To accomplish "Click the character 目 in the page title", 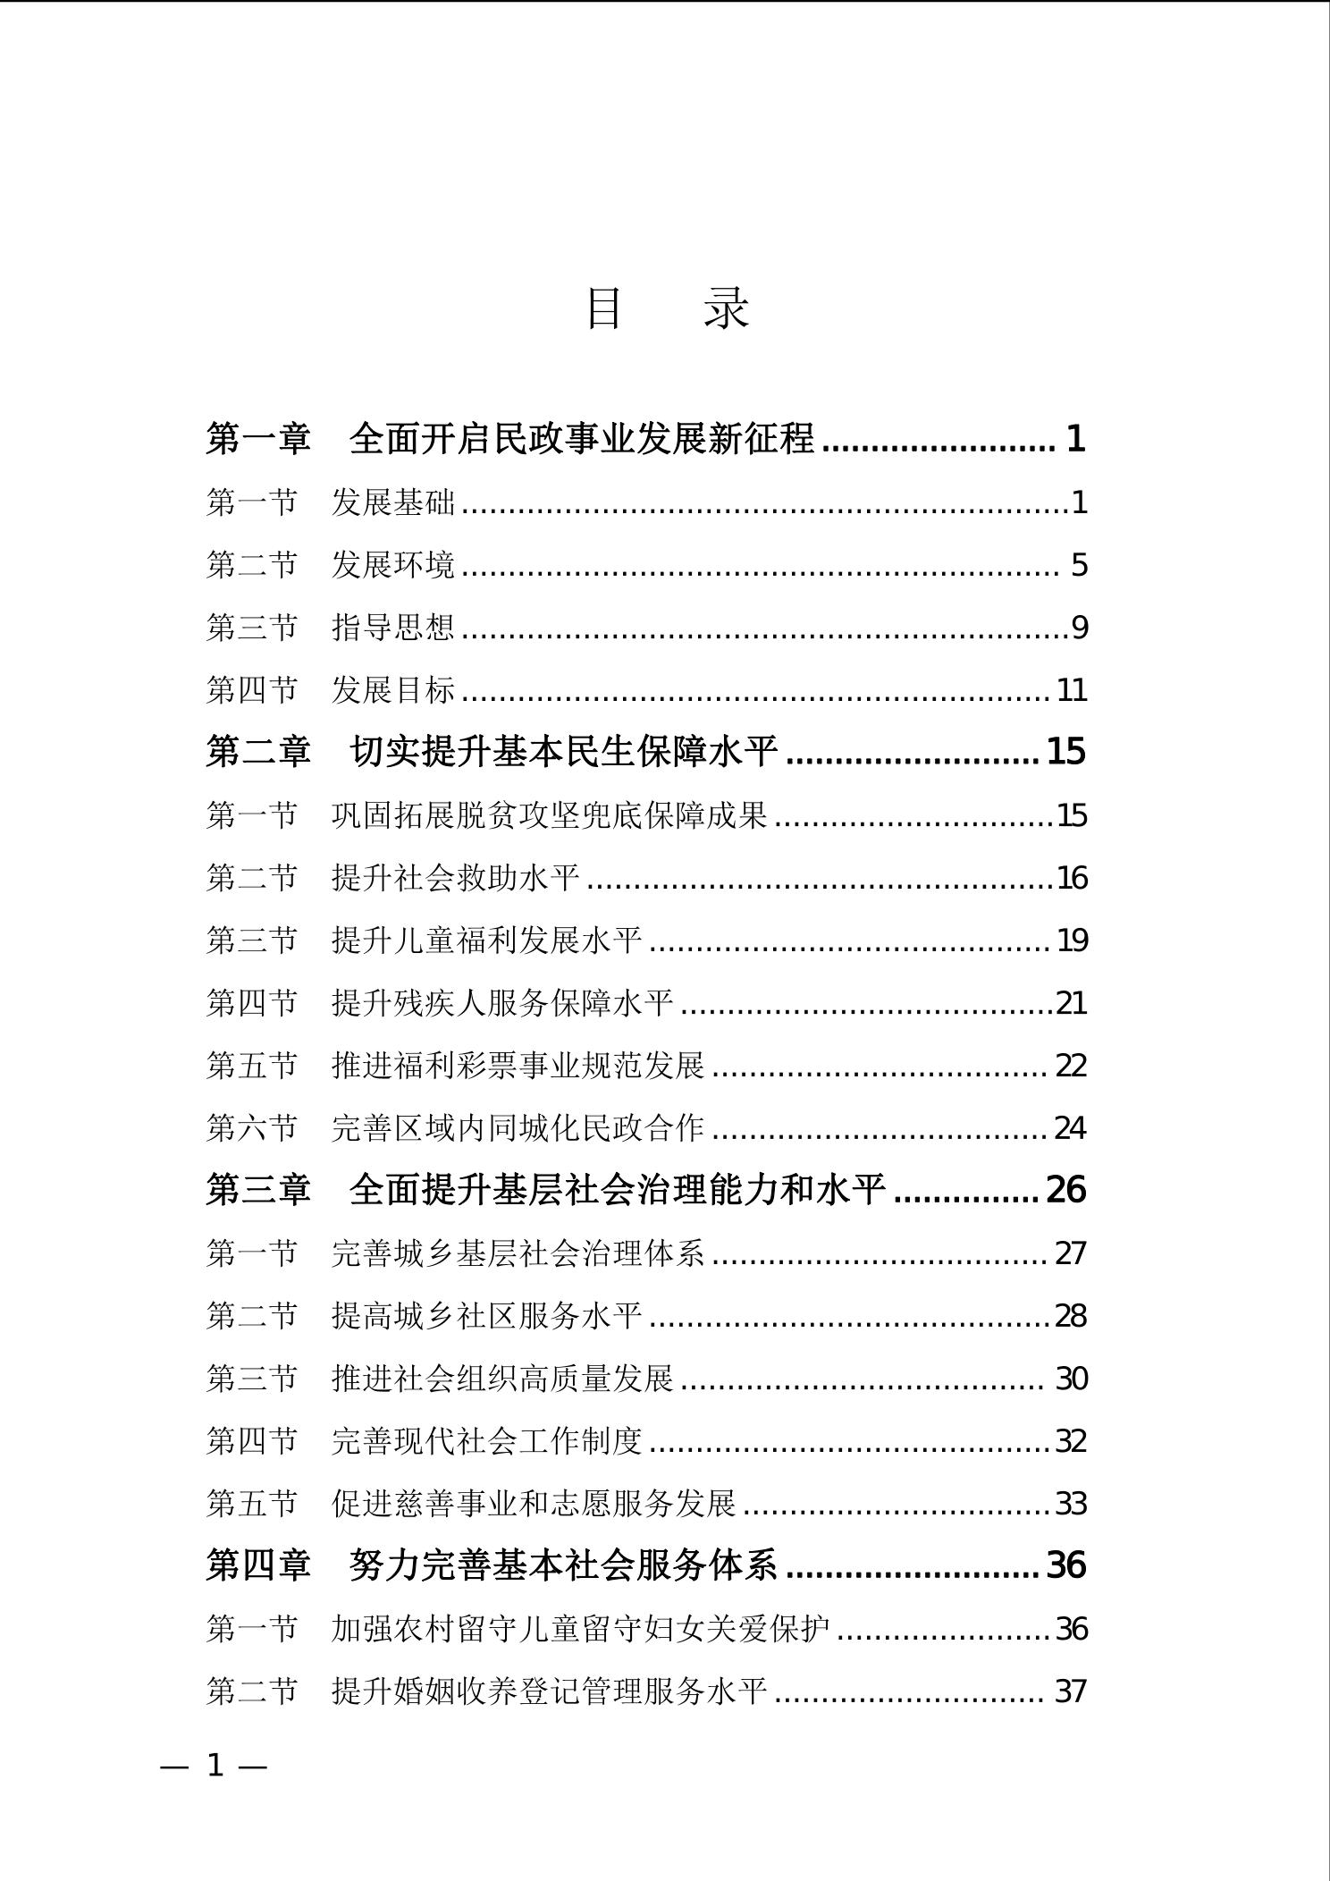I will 603,308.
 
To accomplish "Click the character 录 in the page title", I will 726,308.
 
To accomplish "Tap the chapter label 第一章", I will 258,438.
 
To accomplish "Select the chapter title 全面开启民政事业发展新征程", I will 582,438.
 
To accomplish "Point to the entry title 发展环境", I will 393,565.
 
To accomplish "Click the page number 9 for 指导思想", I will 1080,628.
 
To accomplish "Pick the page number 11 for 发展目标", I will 1072,690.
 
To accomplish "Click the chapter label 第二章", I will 258,751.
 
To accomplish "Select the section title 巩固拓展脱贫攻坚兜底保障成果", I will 549,815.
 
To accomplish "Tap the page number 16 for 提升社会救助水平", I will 1072,878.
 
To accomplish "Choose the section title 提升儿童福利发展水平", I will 486,940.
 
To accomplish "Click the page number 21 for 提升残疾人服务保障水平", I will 1072,1003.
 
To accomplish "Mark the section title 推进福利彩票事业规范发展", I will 518,1066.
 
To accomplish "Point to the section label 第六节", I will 251,1128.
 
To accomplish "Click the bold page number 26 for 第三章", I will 1065,1190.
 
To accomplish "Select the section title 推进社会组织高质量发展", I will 502,1379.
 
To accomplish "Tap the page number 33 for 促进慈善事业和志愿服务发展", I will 1072,1504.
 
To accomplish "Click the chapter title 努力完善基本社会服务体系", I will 564,1565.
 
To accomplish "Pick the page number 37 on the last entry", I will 1071,1691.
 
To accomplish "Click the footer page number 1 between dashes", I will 215,1766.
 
